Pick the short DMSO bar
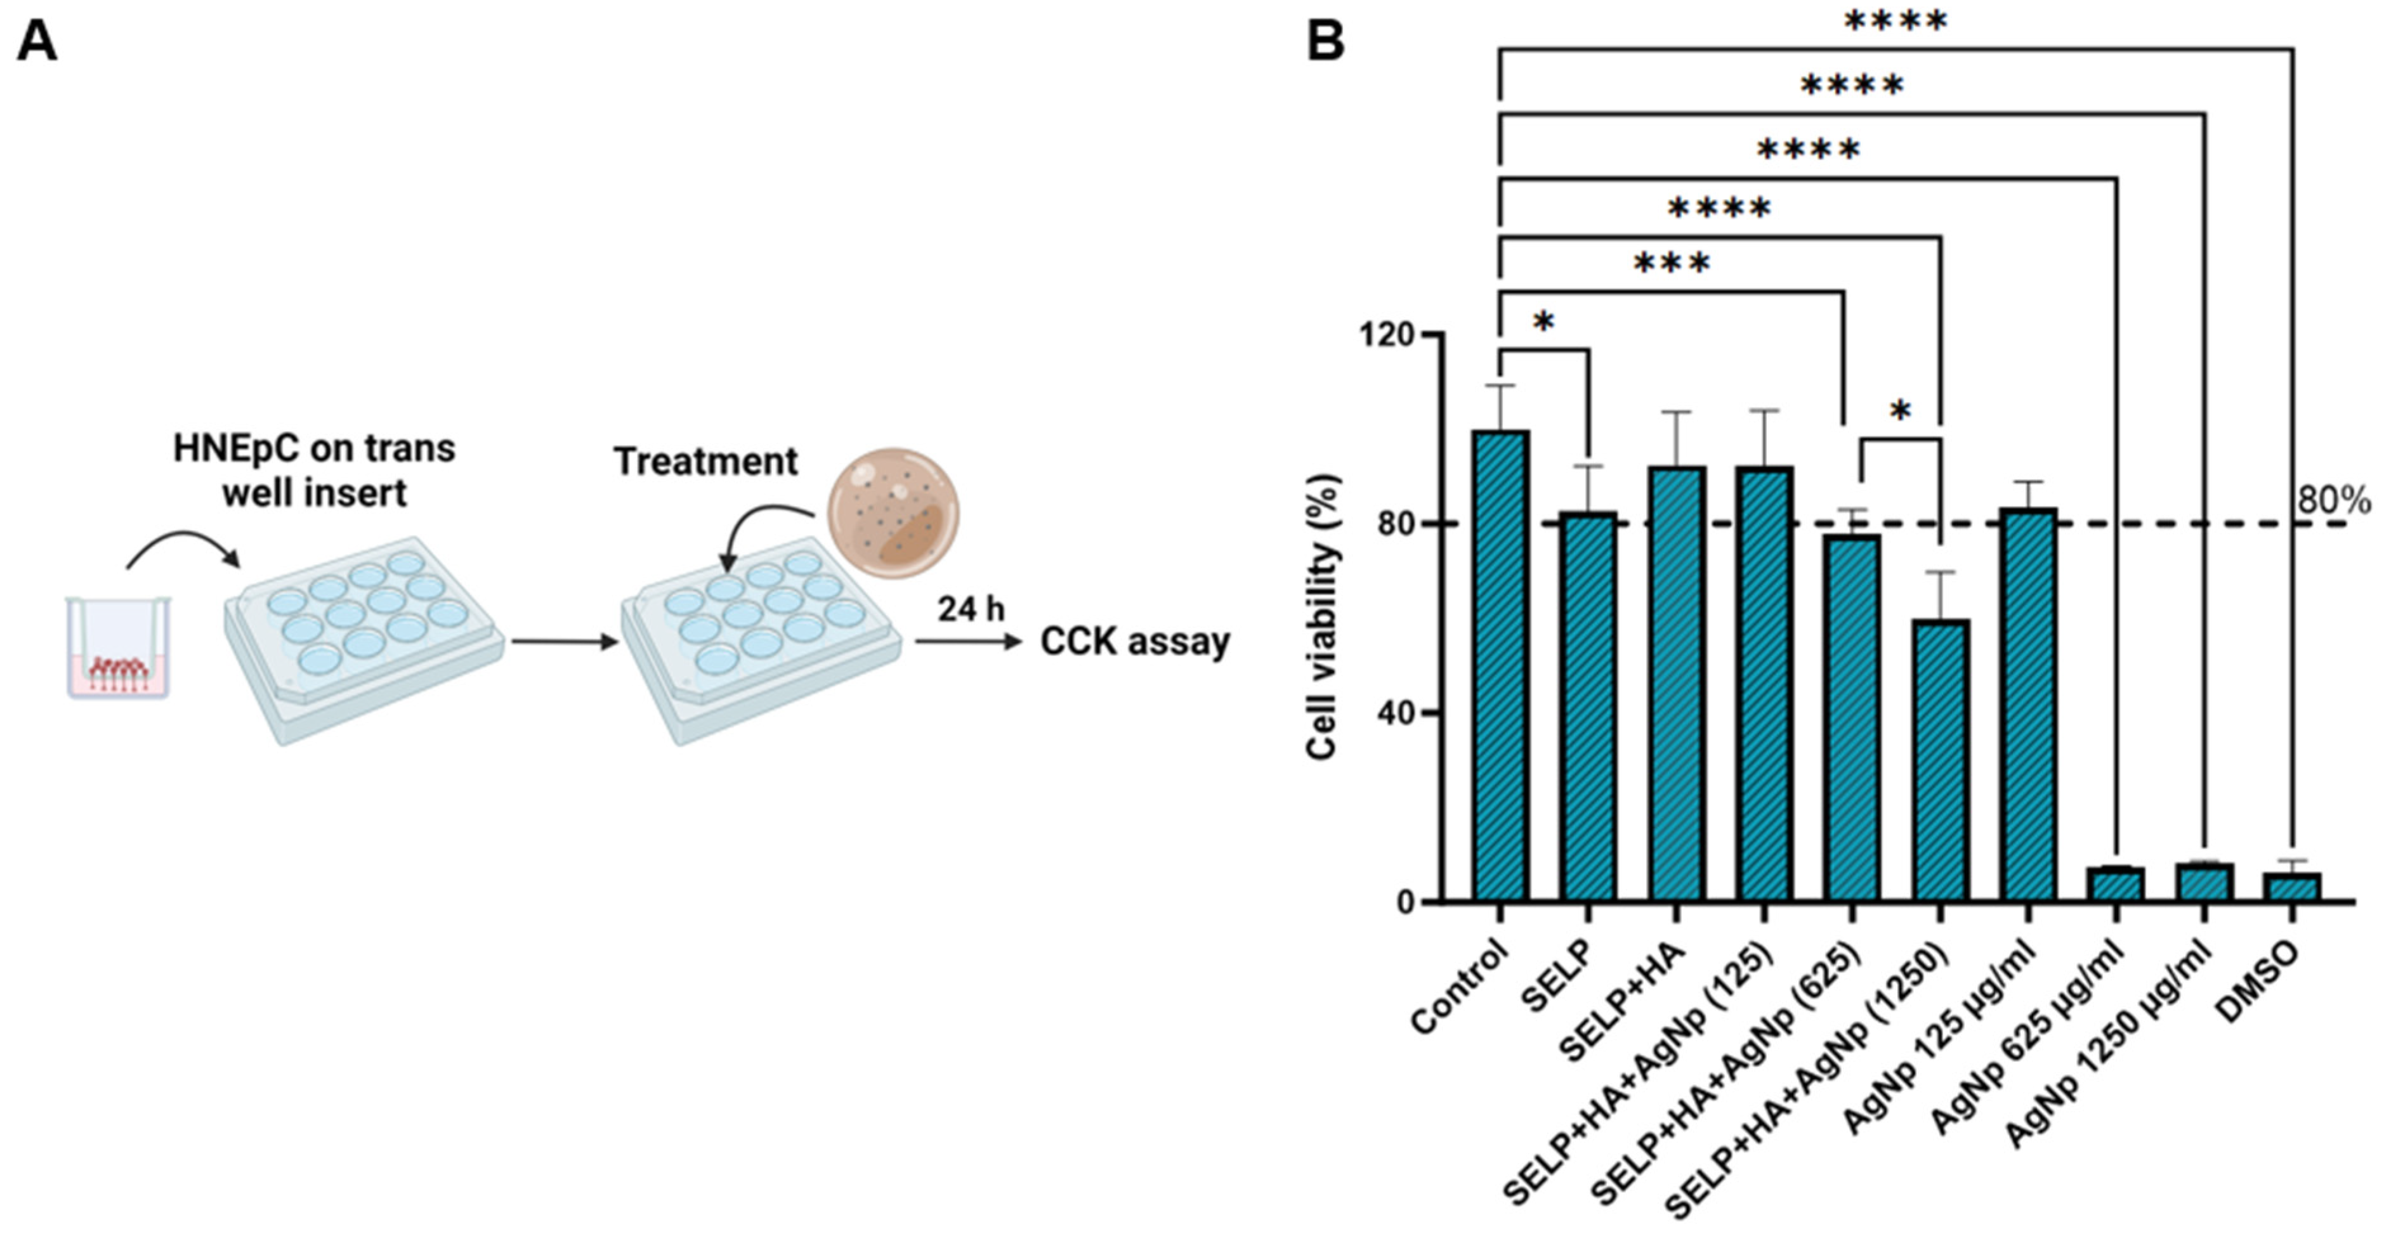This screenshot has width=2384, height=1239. pyautogui.click(x=2291, y=886)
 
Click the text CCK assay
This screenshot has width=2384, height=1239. pyautogui.click(x=1135, y=641)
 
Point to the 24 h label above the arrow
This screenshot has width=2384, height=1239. pyautogui.click(x=970, y=609)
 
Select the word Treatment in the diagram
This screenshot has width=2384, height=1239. pyautogui.click(x=705, y=461)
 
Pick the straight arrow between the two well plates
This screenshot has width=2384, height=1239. pyautogui.click(x=563, y=641)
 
